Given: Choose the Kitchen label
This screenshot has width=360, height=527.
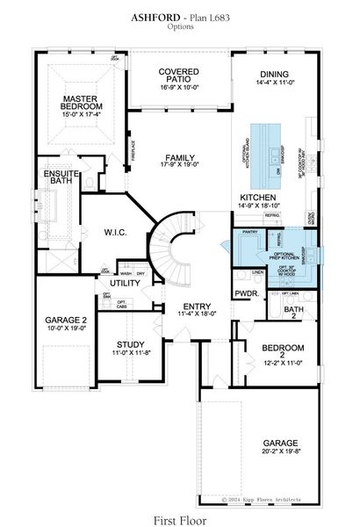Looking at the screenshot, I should [257, 198].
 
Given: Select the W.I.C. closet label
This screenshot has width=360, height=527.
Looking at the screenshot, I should [117, 234].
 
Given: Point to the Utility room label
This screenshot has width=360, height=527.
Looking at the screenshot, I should [126, 283].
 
